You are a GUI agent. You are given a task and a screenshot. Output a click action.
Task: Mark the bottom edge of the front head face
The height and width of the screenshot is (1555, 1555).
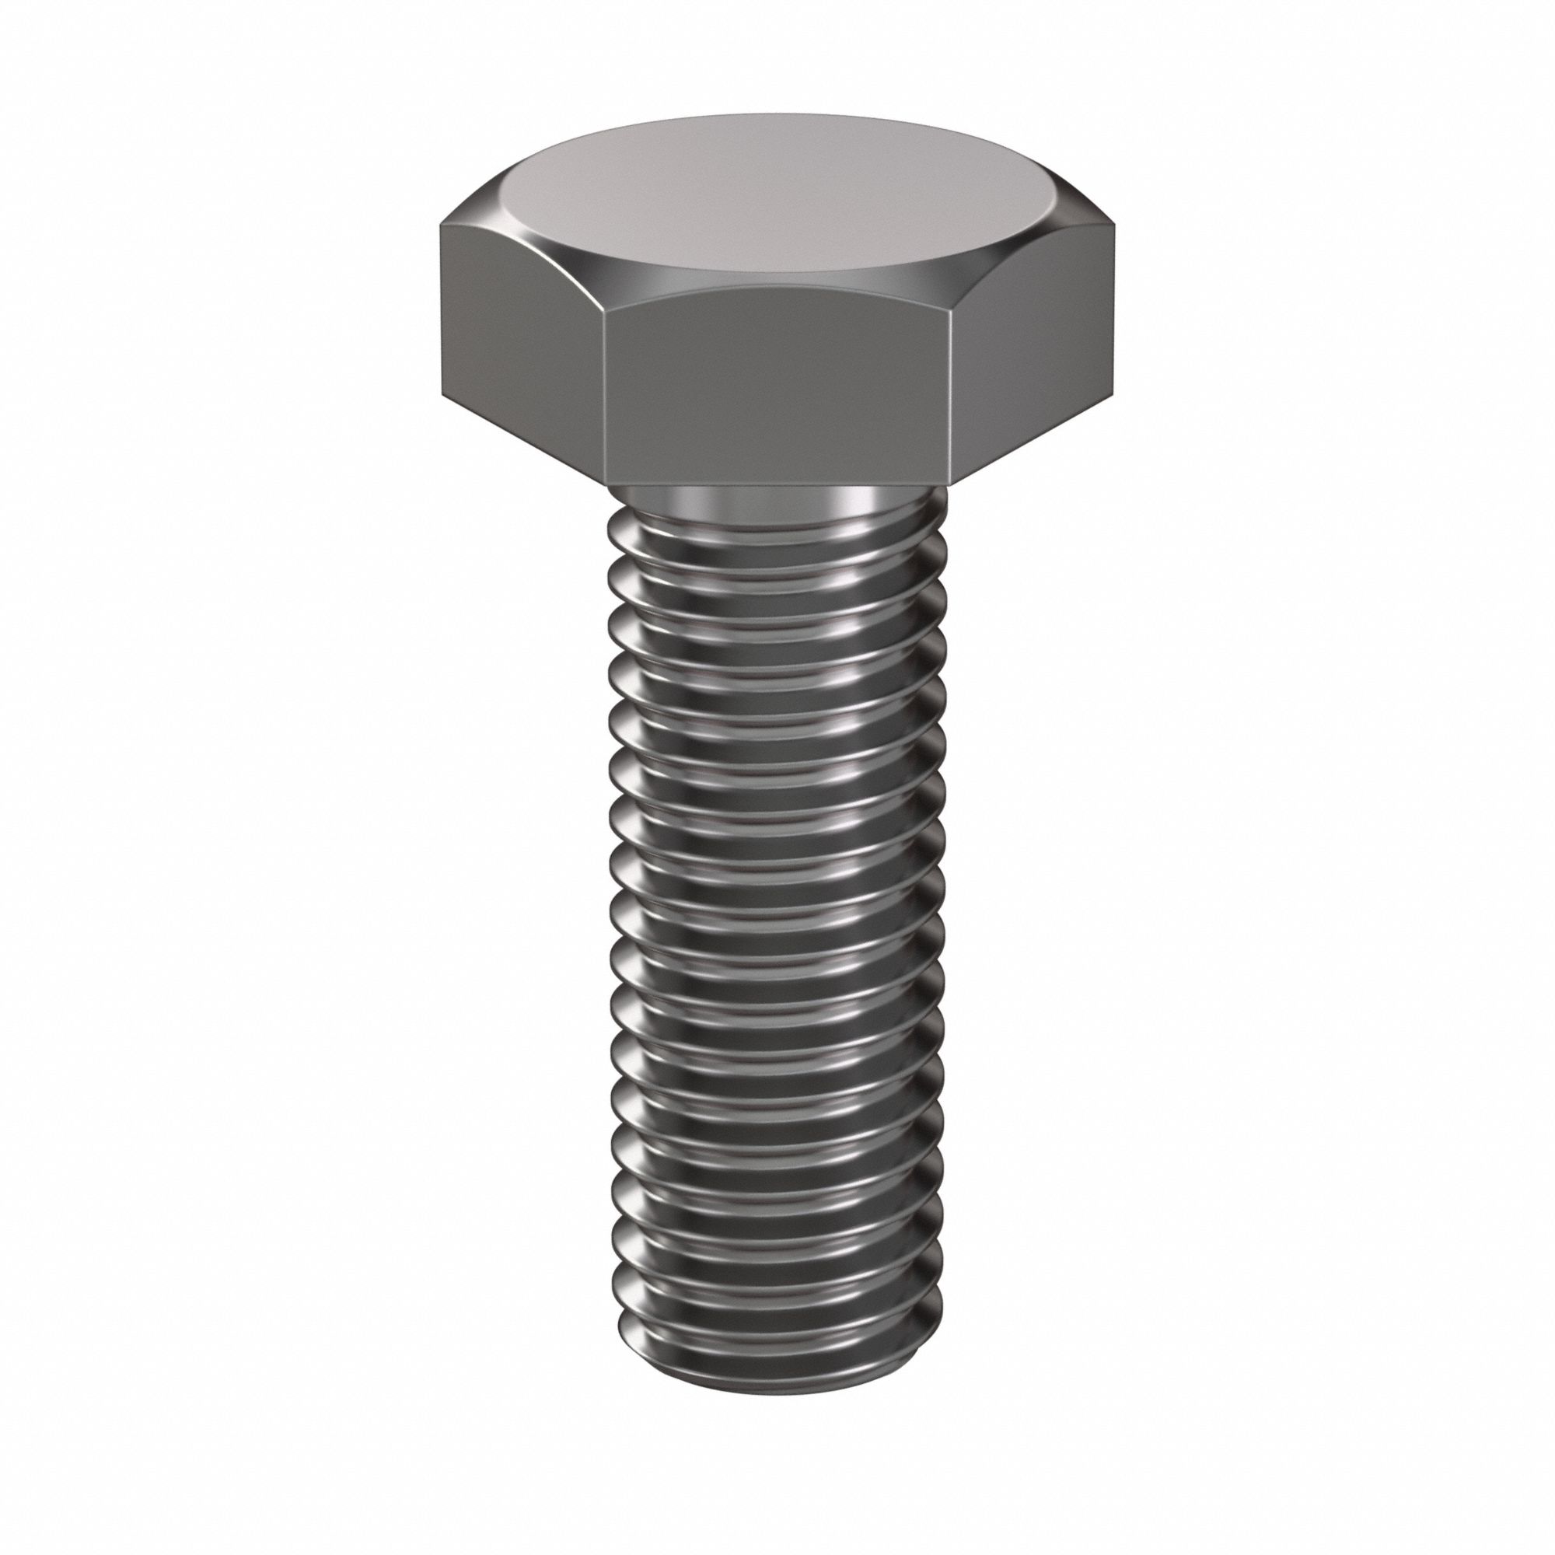tap(777, 485)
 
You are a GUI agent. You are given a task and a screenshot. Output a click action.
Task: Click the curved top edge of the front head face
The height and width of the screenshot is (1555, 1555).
tap(777, 288)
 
